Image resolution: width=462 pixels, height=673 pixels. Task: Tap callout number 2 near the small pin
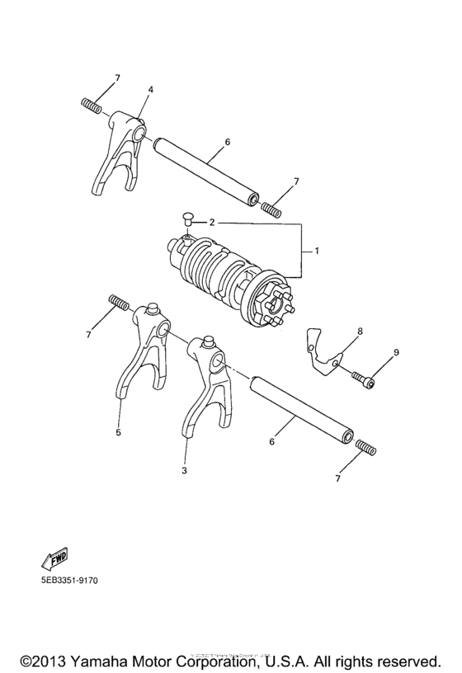point(212,222)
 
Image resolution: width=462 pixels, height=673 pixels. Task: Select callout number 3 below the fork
point(185,470)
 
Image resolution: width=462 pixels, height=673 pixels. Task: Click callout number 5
point(118,431)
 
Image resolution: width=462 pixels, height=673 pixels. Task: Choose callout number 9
point(395,353)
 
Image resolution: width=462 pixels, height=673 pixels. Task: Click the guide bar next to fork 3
point(301,407)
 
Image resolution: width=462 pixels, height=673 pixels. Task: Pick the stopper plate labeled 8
point(323,351)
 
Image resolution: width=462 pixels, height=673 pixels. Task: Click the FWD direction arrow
point(54,558)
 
